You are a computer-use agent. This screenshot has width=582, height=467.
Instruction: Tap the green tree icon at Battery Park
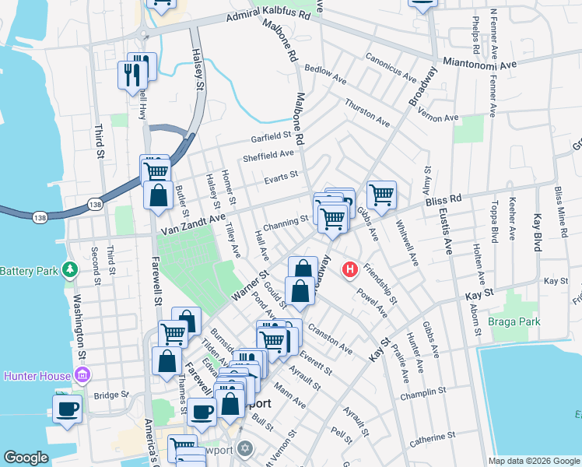point(71,270)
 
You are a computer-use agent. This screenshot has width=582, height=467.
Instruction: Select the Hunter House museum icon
point(83,377)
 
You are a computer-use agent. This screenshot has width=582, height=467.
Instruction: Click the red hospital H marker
point(350,270)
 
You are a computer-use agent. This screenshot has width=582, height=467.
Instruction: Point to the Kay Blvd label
point(537,233)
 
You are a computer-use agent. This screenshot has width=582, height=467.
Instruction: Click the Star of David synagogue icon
point(246,449)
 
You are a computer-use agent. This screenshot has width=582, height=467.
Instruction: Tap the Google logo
point(26,458)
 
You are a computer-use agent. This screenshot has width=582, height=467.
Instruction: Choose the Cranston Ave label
point(331,339)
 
